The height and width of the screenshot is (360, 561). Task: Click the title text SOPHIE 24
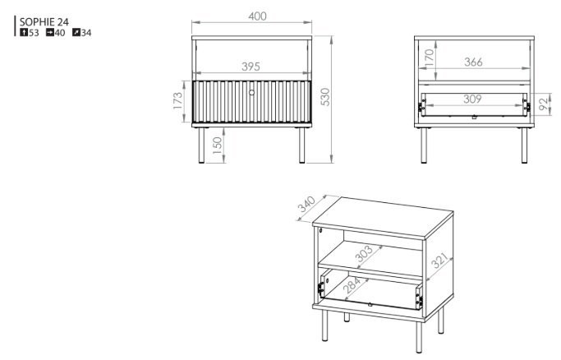(x=44, y=22)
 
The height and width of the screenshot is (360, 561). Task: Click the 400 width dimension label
(x=257, y=16)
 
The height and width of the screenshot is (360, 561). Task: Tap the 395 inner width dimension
(x=251, y=67)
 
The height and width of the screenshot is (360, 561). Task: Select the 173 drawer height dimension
(x=177, y=101)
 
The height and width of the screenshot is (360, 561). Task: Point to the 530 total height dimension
(x=325, y=97)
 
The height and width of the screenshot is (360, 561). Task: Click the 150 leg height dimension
(x=217, y=145)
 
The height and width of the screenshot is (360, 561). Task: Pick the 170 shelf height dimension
(x=429, y=58)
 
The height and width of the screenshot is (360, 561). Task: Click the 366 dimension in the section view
(x=473, y=62)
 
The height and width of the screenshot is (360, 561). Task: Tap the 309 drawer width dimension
(x=472, y=99)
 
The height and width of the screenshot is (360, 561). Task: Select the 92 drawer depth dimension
(x=544, y=104)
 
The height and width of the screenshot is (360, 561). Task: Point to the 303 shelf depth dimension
(x=364, y=254)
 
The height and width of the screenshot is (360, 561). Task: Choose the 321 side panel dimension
(x=439, y=261)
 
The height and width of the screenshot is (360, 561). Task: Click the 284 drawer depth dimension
(x=352, y=285)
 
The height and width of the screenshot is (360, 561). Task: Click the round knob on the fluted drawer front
(x=252, y=93)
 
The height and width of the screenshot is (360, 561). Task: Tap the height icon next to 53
(x=24, y=33)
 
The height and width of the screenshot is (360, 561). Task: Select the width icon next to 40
(x=50, y=33)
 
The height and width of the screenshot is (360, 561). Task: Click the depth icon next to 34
(x=76, y=33)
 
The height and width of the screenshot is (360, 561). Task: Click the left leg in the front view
(x=201, y=145)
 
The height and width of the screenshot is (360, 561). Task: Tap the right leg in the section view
(x=524, y=145)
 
